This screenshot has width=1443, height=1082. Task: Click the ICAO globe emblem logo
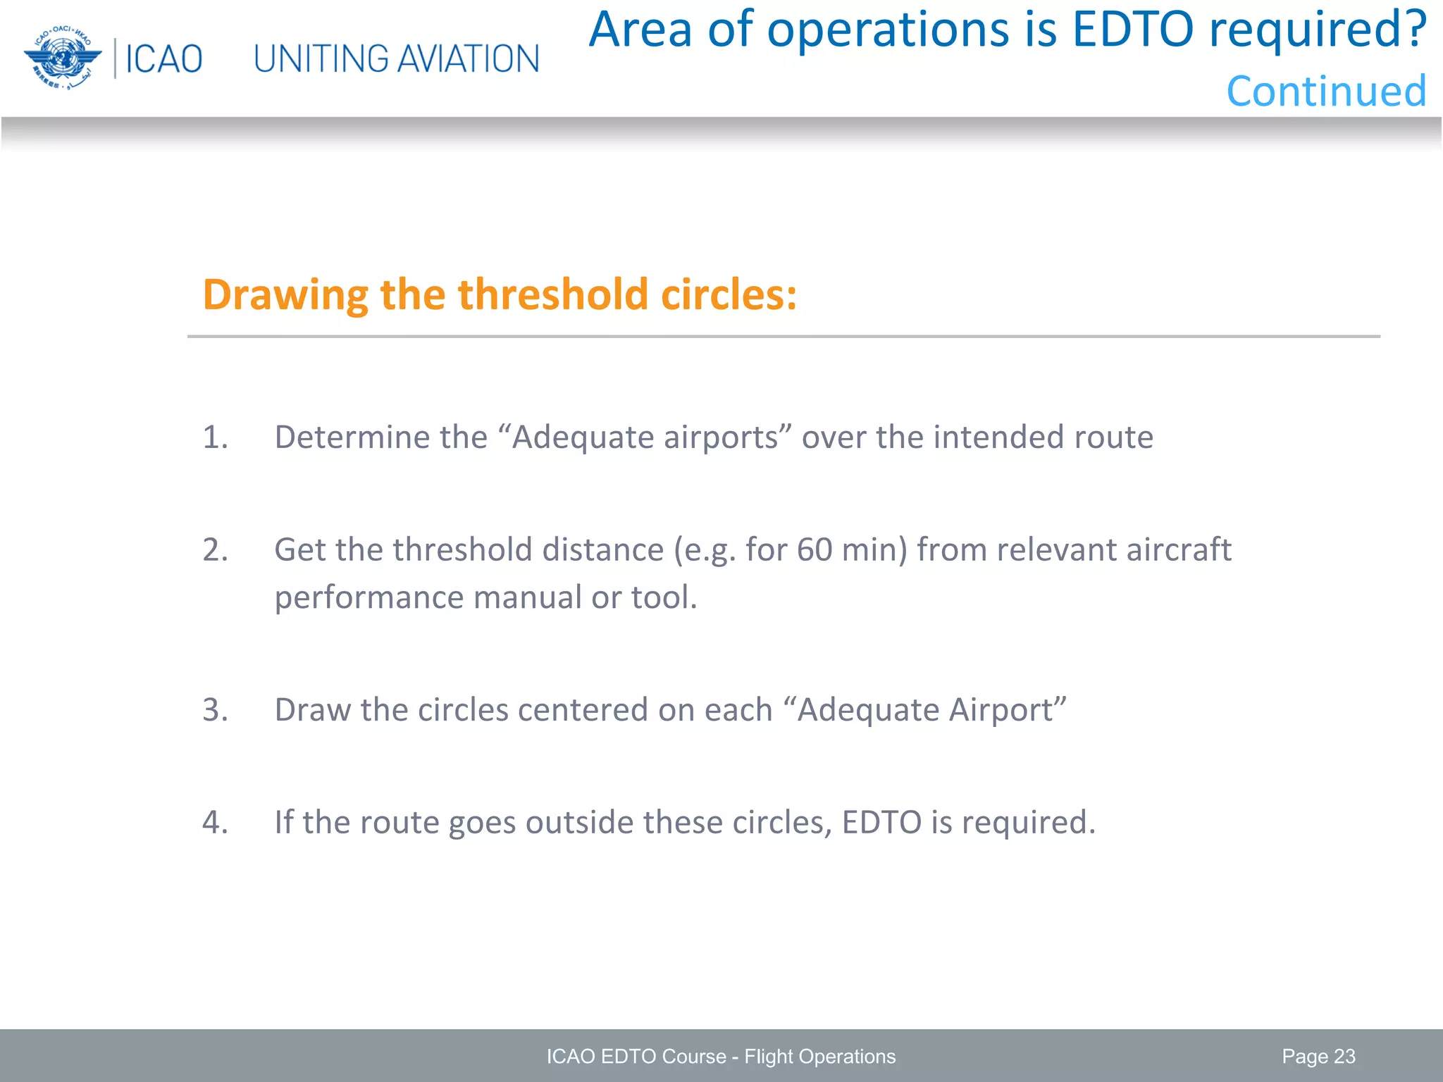[63, 58]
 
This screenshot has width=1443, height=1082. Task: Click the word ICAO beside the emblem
[163, 59]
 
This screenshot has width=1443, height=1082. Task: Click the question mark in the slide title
[1411, 30]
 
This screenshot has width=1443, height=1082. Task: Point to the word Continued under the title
[1326, 92]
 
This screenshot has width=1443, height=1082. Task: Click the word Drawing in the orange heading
[285, 294]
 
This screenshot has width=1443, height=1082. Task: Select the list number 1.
[215, 437]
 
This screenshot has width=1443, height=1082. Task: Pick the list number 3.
[215, 710]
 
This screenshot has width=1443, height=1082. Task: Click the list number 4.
[215, 823]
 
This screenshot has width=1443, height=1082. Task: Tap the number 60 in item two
[815, 550]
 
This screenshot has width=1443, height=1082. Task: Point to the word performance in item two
[369, 598]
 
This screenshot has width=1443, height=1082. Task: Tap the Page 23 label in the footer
[1318, 1057]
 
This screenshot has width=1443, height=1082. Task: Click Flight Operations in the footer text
[819, 1057]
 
